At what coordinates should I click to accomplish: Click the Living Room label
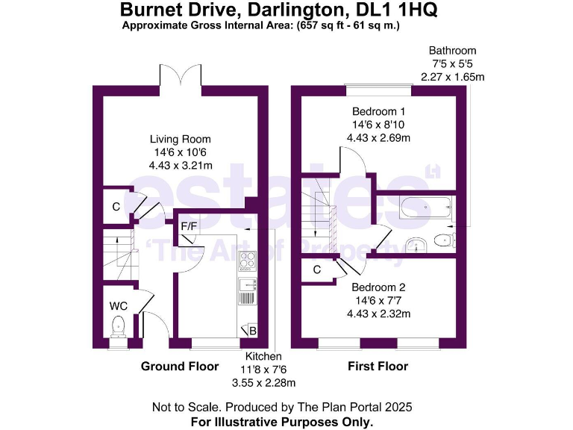(x=180, y=139)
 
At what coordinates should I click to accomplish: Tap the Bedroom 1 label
(x=378, y=111)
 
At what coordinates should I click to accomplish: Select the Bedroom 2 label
(x=378, y=287)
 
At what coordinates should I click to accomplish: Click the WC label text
(x=119, y=306)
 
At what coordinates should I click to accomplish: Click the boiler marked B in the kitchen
(x=249, y=331)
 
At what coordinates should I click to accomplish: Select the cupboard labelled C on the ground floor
(x=116, y=206)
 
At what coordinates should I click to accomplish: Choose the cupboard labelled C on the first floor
(x=317, y=269)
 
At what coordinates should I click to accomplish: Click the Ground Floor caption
(x=180, y=367)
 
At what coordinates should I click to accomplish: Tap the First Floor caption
(x=378, y=367)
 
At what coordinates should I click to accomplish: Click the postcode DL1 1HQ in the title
(x=397, y=10)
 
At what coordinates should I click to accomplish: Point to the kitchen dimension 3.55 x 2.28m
(x=265, y=383)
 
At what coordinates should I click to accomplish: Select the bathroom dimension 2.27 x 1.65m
(x=453, y=77)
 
